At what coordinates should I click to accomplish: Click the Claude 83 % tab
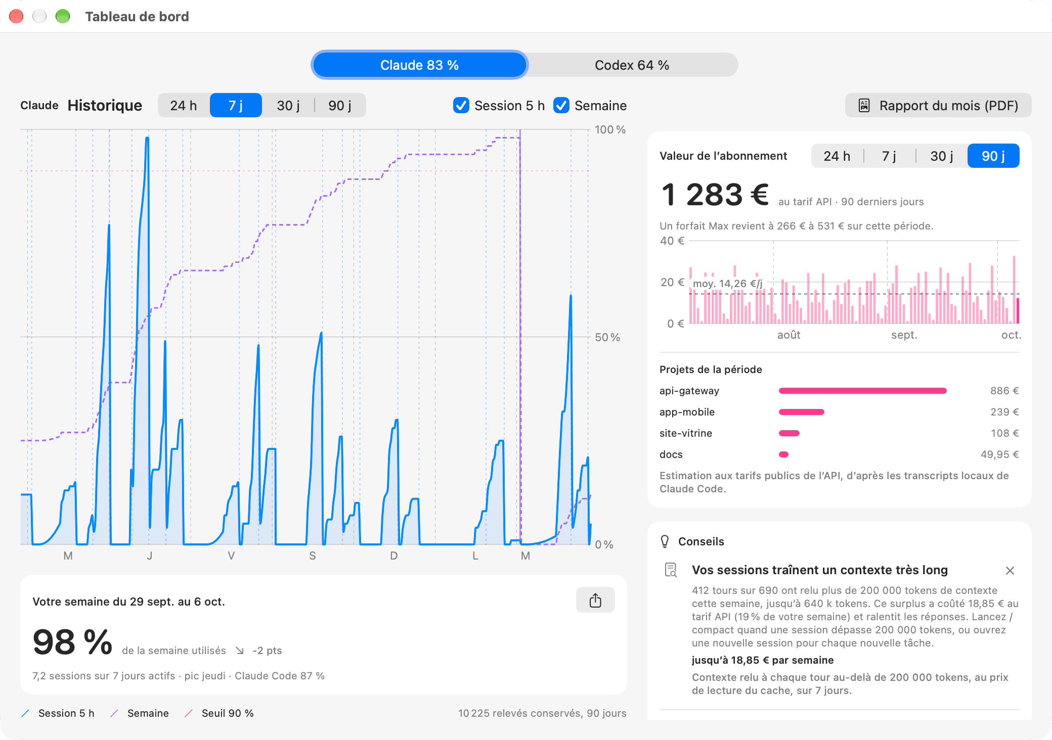click(x=419, y=65)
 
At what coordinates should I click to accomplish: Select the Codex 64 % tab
click(x=632, y=65)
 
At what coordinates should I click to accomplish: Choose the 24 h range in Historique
click(x=184, y=106)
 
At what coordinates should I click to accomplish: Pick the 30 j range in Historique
click(x=288, y=106)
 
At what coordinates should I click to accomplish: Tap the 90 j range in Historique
click(x=340, y=106)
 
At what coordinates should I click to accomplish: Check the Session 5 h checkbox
click(x=461, y=106)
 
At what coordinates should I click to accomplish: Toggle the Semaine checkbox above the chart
click(x=561, y=106)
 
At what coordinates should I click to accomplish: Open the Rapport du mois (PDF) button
click(x=938, y=106)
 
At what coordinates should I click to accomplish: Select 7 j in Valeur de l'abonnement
click(x=889, y=156)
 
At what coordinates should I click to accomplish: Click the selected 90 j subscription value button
click(x=993, y=156)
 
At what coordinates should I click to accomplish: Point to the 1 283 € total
click(x=715, y=195)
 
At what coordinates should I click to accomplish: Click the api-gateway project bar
click(x=862, y=391)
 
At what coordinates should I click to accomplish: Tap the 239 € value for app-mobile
click(x=1004, y=412)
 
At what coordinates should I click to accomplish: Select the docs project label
click(x=671, y=454)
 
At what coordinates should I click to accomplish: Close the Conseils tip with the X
click(x=1010, y=571)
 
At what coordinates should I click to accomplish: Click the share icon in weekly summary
click(x=595, y=600)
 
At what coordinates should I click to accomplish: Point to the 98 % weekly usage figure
click(x=72, y=642)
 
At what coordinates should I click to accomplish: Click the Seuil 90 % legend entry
click(x=219, y=713)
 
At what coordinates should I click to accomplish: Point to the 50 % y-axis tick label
click(x=607, y=337)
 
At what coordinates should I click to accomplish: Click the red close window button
click(x=16, y=17)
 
